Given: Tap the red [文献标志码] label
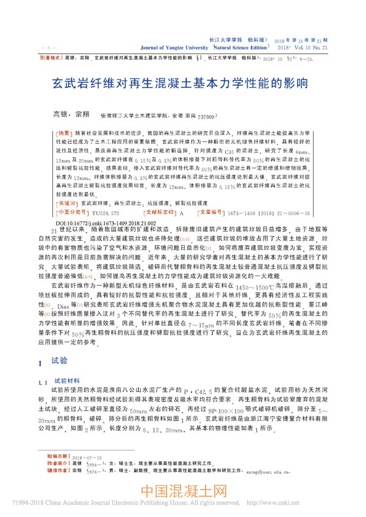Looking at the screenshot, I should point(159,213).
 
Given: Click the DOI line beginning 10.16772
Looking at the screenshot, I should point(110,223).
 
